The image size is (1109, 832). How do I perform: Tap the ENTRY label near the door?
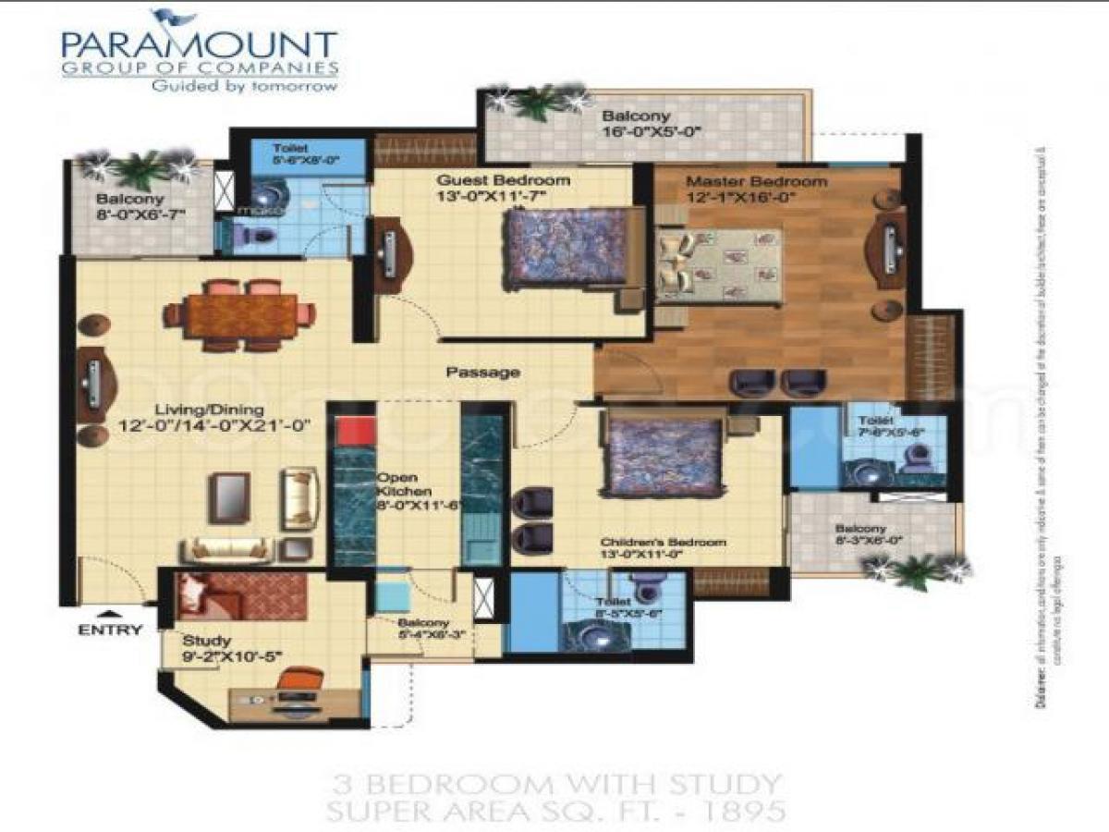(110, 630)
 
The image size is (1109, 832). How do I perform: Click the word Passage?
(482, 373)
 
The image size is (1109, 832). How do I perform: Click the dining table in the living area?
(240, 315)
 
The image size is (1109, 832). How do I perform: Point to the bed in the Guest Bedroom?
(567, 249)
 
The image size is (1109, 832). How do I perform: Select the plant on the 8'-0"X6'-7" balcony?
(140, 168)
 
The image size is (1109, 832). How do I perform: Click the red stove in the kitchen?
(354, 432)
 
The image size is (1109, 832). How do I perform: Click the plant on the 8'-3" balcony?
(914, 571)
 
